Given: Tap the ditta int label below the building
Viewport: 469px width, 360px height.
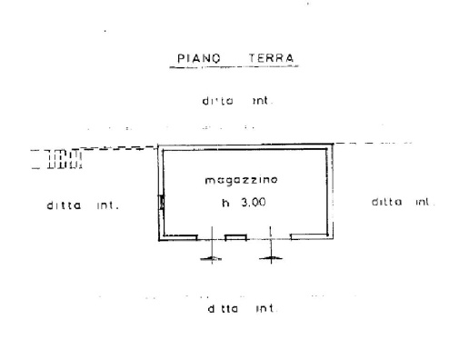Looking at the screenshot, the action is coord(240,308).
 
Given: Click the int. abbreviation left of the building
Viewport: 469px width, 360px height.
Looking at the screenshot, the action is coord(108,205).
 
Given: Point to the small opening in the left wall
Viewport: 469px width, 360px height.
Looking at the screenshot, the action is coord(162,202).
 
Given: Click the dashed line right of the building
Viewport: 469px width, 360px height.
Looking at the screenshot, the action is coord(373,144).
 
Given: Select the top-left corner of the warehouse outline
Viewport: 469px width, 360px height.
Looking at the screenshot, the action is coord(161,144).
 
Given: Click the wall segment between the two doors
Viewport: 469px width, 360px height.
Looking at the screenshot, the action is coord(235,237).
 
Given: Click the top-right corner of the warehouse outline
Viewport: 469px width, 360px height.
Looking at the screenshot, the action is coord(331,144).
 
